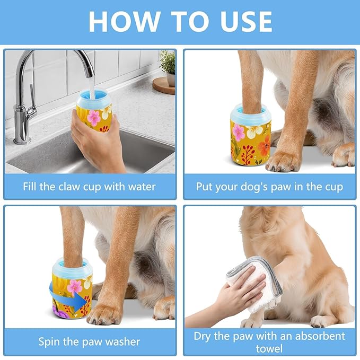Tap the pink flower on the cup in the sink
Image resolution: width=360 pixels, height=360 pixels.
point(94,117)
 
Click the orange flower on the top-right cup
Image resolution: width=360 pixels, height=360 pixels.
point(264,143)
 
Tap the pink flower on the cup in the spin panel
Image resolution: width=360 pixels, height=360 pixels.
point(75,286)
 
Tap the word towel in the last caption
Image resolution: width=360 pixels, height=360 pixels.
point(269,348)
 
